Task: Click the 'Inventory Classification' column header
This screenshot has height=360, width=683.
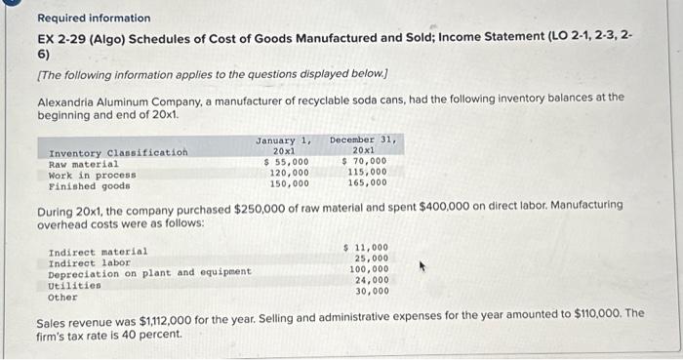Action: coord(118,152)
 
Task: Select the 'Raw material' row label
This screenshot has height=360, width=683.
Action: coord(85,163)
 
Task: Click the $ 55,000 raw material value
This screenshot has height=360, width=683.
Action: coord(287,162)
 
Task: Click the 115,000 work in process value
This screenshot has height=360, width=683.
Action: coord(367,172)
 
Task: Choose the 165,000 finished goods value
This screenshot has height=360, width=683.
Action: coord(367,182)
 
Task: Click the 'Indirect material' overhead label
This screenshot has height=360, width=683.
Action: coord(99,251)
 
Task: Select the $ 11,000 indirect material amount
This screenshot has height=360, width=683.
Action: coord(367,248)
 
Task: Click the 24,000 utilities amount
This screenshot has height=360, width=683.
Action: coord(371,280)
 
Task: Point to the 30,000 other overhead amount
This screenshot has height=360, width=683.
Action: coord(371,291)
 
